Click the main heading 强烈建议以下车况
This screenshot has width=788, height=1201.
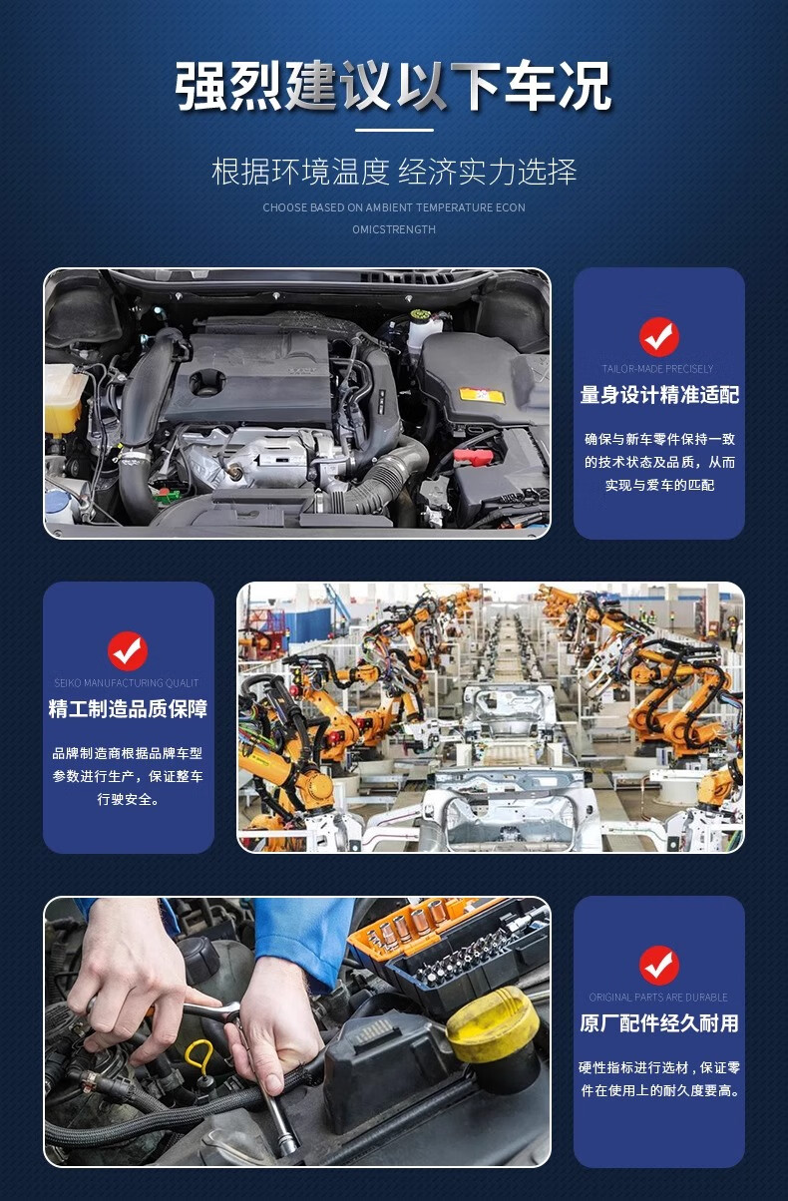point(393,86)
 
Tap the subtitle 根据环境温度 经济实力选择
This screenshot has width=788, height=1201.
point(394,172)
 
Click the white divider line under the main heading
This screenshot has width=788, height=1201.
point(394,130)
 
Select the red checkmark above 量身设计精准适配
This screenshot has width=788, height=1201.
point(659,337)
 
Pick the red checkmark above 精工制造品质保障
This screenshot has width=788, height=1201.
point(128,651)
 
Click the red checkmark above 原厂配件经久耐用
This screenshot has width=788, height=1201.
point(659,966)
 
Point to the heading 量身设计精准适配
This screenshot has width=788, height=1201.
point(659,395)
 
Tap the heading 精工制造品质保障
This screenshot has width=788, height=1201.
point(128,709)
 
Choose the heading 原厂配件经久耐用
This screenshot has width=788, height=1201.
point(659,1023)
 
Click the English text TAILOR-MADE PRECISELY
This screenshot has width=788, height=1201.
point(657,369)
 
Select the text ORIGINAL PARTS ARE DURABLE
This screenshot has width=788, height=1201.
point(658,998)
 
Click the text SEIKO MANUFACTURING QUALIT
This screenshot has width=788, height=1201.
point(127,683)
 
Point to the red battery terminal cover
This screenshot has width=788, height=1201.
point(474,457)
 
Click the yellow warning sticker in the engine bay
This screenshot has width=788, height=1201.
point(482,396)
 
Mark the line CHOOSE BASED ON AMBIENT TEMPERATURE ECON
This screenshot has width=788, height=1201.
point(394,207)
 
